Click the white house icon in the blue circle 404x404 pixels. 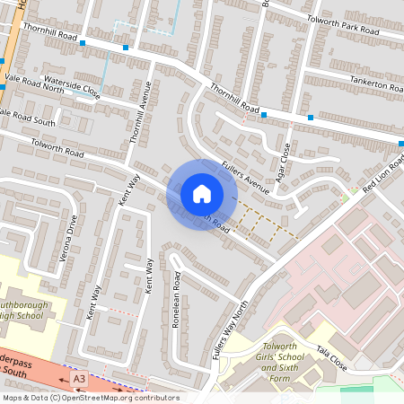tap(202, 194)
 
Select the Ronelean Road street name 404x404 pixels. tap(177, 300)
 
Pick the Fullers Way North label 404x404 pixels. tap(229, 329)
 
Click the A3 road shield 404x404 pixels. tap(79, 380)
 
